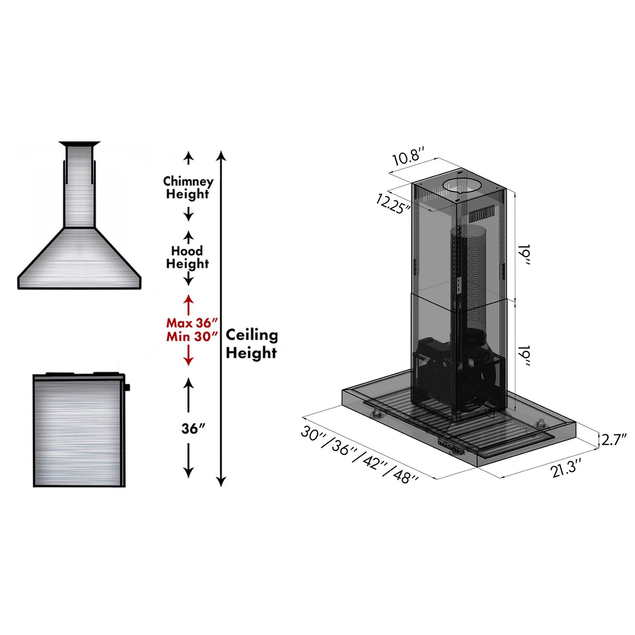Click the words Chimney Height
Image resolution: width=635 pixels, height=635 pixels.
point(188,188)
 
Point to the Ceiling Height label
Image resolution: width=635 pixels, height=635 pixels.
point(252,344)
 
